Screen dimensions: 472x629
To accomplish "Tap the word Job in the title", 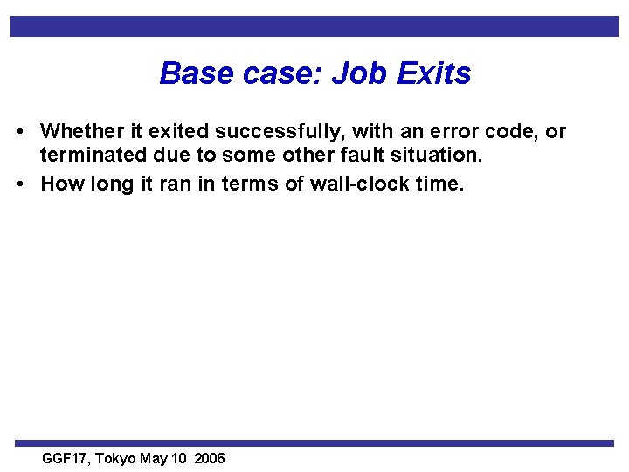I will pyautogui.click(x=362, y=73).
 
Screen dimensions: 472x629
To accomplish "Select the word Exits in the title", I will pyautogui.click(x=434, y=73).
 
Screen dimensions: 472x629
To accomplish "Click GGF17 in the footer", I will pyautogui.click(x=66, y=459).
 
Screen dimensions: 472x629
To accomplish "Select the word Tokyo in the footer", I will pyautogui.click(x=115, y=459).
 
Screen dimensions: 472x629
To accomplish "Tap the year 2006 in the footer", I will pyautogui.click(x=210, y=459).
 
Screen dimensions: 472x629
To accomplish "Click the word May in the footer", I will pyautogui.click(x=154, y=459).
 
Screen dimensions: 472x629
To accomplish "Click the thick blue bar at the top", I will pyautogui.click(x=314, y=25).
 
